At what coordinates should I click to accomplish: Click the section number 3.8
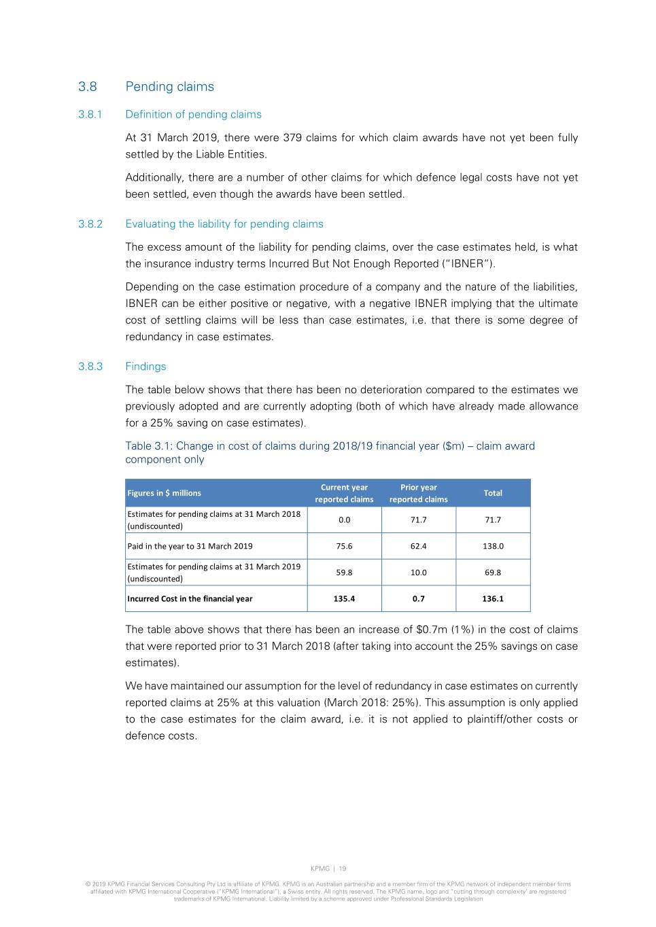[88, 86]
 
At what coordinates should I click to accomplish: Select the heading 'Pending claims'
[169, 86]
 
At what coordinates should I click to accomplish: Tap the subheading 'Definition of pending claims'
[193, 114]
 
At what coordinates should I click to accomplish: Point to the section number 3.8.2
[90, 223]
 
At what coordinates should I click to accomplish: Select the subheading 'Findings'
[145, 366]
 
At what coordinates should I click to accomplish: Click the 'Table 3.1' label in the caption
[148, 446]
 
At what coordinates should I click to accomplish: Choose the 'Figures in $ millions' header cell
[164, 493]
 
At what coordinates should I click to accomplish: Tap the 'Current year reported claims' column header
[344, 493]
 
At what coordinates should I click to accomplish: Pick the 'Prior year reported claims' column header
[419, 493]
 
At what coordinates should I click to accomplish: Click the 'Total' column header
[493, 493]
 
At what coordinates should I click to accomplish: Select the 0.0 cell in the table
[345, 520]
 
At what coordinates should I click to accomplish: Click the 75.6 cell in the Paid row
[345, 546]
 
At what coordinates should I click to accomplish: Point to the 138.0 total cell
[493, 546]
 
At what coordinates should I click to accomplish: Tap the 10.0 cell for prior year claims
[419, 572]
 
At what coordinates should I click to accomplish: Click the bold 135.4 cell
[345, 598]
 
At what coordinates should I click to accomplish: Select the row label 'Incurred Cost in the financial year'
[190, 598]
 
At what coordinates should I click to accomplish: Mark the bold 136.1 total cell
[493, 598]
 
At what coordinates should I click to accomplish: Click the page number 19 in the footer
[343, 868]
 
